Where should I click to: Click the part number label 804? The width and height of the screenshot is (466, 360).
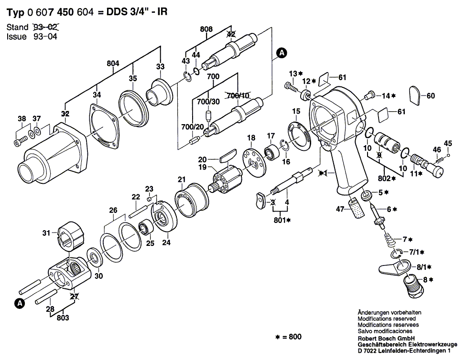[113, 63]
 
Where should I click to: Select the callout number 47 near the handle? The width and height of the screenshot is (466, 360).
[340, 209]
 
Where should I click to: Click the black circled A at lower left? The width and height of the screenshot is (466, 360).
[20, 303]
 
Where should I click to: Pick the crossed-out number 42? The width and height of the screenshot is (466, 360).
[231, 34]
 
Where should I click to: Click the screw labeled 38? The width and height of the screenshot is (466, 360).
[19, 141]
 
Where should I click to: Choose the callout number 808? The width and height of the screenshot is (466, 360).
[206, 29]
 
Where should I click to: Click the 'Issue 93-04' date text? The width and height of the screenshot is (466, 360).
[32, 37]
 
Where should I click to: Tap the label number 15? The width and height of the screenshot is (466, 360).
[296, 111]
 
